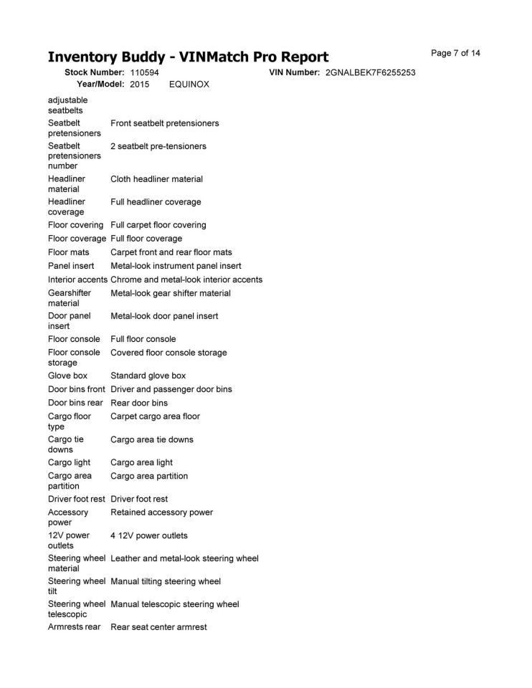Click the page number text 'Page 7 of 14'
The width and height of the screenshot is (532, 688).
[x=455, y=53]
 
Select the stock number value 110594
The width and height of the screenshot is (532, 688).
[x=144, y=73]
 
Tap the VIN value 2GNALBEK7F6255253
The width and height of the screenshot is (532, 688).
[x=370, y=73]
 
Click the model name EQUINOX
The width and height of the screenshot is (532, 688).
[x=189, y=85]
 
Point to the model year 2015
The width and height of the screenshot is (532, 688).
[x=140, y=85]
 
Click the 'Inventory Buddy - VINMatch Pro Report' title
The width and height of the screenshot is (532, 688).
[x=188, y=57]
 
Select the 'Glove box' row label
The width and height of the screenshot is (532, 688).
[x=67, y=376]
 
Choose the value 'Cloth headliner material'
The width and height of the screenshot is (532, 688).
[x=156, y=179]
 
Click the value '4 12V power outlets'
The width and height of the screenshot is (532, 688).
[x=149, y=535]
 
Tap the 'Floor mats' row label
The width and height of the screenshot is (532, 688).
[x=68, y=252]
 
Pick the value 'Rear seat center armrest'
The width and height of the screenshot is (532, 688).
[x=158, y=627]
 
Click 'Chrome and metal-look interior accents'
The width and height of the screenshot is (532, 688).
[x=186, y=279]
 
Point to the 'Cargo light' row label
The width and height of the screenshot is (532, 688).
[x=69, y=462]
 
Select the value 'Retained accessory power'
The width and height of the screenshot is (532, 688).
[x=161, y=512]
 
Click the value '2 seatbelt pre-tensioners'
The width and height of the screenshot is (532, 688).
[x=158, y=146]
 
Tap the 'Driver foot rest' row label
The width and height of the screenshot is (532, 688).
[x=77, y=499]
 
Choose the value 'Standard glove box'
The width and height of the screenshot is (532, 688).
[x=148, y=376]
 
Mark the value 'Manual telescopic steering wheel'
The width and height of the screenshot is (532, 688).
[x=174, y=604]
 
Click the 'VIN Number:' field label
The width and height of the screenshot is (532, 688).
[x=294, y=73]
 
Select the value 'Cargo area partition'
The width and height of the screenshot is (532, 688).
[x=149, y=476]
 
